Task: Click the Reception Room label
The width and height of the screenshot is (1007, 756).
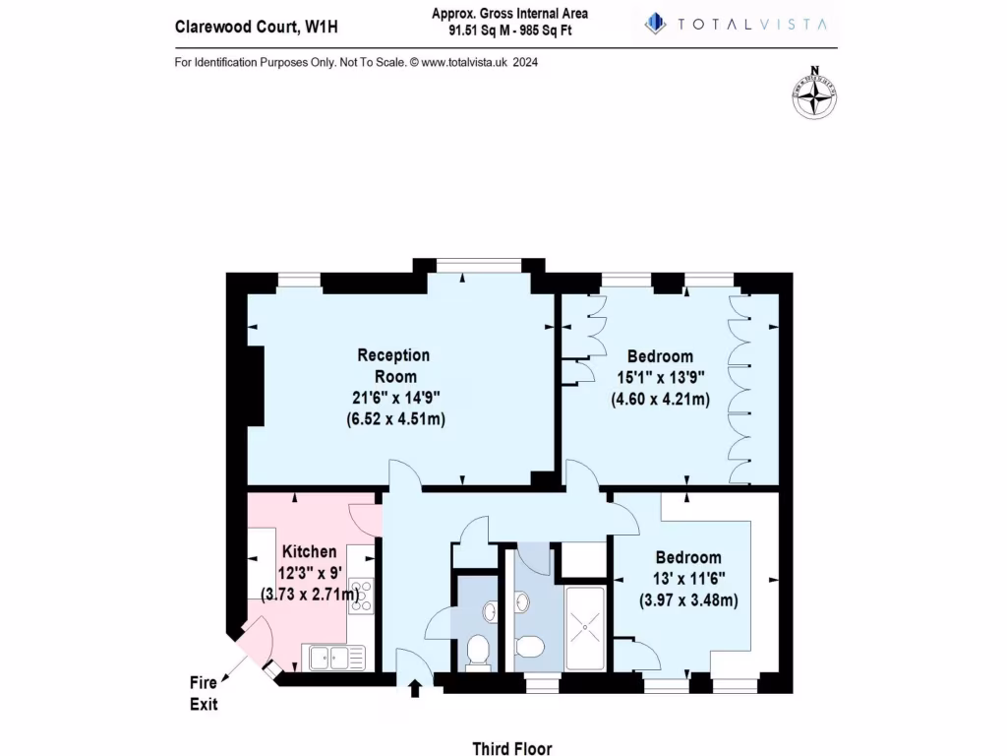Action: (393, 365)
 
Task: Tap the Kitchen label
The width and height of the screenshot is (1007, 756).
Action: (310, 552)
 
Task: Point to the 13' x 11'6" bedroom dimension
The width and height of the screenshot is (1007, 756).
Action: (688, 579)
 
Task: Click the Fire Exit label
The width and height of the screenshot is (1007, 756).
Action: (204, 693)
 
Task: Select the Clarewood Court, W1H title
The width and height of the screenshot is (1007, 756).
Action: (256, 27)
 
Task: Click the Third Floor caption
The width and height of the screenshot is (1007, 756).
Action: (505, 747)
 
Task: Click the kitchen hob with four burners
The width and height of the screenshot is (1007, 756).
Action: (361, 595)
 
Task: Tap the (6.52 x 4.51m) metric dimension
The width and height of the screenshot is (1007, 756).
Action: (393, 418)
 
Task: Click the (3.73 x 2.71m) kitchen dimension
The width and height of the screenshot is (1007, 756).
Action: (310, 593)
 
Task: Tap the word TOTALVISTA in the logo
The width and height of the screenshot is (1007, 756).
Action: (751, 24)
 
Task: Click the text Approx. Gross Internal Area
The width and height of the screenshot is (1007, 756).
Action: (509, 13)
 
